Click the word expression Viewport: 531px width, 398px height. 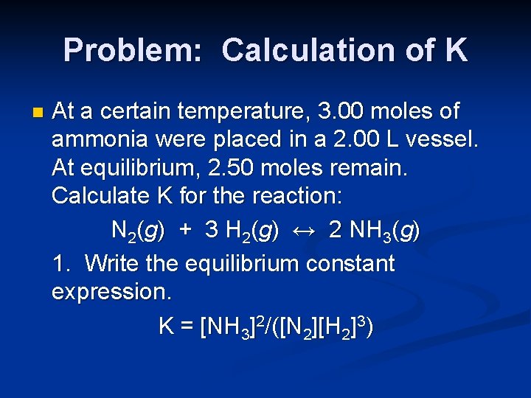pos(111,293)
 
